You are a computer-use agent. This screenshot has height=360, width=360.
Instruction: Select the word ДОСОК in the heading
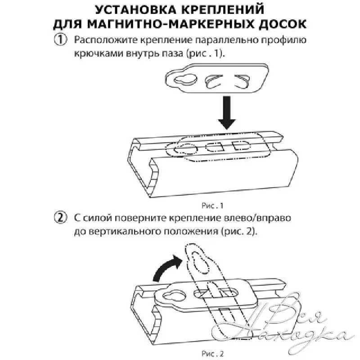click(283, 24)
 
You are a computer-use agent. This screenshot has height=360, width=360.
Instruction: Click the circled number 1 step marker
click(60, 40)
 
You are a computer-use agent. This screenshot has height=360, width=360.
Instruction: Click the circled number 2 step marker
click(60, 218)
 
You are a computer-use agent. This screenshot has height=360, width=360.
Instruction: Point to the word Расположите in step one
click(105, 40)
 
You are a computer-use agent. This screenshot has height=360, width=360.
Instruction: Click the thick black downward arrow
click(227, 112)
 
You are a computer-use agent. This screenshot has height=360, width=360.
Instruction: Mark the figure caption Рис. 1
click(212, 206)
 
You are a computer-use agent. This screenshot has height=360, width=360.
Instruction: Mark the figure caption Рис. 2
click(212, 354)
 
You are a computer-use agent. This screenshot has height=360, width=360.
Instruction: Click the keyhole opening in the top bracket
click(185, 79)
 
